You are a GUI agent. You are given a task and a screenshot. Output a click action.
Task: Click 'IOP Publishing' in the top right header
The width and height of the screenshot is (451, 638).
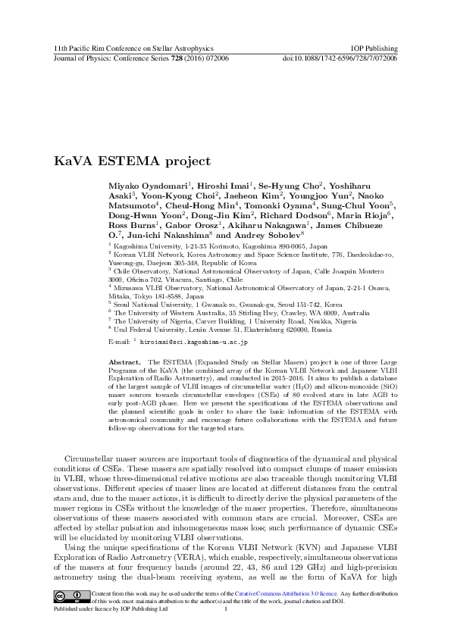[376, 47]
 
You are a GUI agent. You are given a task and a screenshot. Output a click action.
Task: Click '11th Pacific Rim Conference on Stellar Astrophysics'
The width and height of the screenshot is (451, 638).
[128, 47]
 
